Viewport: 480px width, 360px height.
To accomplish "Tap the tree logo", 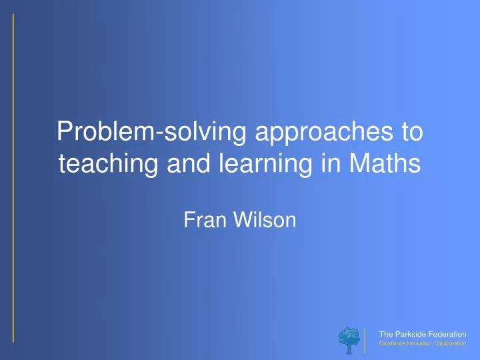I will [348, 337].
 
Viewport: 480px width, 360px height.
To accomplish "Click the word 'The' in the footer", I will [385, 333].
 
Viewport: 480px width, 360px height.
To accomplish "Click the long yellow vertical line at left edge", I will [13, 180].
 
